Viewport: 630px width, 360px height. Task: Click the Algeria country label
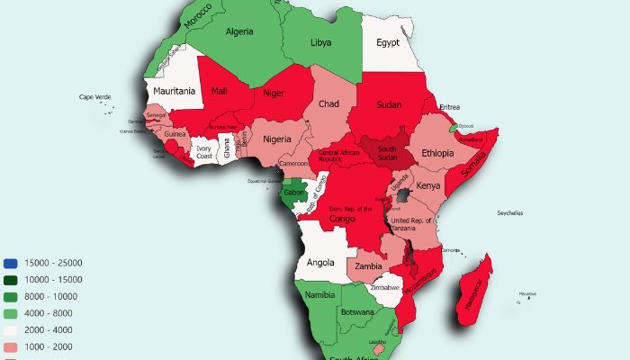click(x=240, y=31)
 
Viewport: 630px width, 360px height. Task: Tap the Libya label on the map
click(x=320, y=43)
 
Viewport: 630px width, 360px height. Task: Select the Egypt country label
click(x=388, y=43)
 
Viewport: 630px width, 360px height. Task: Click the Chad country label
click(x=328, y=104)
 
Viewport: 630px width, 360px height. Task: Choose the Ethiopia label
click(x=438, y=153)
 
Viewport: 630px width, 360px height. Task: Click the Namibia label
click(x=319, y=294)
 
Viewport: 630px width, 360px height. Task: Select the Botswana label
click(x=356, y=312)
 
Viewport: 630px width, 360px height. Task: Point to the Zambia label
click(x=369, y=266)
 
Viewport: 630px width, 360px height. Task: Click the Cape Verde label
click(x=96, y=97)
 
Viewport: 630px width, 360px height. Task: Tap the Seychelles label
click(x=512, y=213)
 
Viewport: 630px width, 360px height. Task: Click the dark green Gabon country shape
click(x=293, y=191)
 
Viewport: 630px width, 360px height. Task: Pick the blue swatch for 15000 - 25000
click(x=10, y=263)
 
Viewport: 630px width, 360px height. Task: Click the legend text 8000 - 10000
click(x=52, y=297)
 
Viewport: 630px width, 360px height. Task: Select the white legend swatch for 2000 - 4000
click(x=10, y=330)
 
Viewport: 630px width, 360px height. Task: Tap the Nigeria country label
click(x=278, y=139)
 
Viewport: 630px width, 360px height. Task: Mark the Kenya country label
click(x=429, y=185)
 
